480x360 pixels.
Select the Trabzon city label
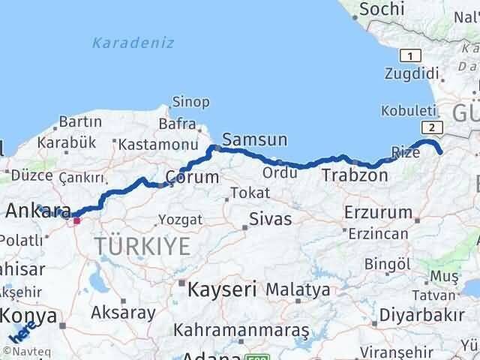(355, 175)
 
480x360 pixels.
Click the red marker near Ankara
(76, 220)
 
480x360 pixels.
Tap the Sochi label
(383, 9)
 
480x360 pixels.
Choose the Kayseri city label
(223, 288)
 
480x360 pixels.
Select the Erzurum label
(379, 212)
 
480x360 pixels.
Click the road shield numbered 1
(409, 55)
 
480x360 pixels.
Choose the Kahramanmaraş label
(241, 328)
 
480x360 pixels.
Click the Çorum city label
(192, 177)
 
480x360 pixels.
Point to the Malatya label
(298, 289)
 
